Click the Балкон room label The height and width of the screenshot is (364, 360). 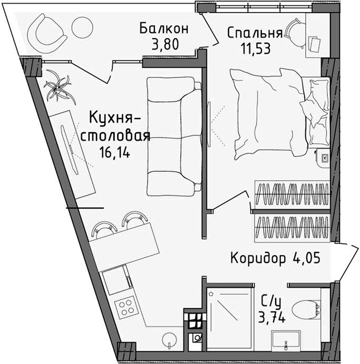tap(164, 28)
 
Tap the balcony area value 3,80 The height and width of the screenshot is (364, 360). tap(164, 44)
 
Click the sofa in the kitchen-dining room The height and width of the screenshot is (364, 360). tap(173, 135)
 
